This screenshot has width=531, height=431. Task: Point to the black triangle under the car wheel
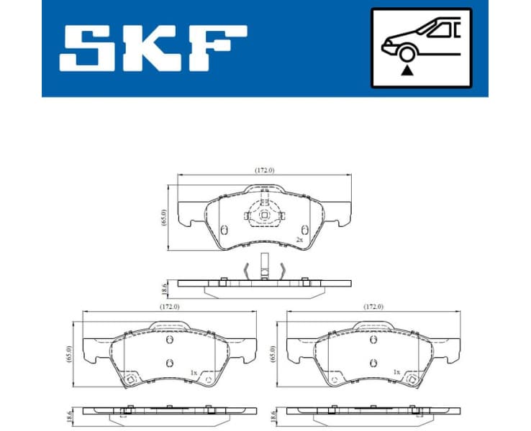[x=407, y=70]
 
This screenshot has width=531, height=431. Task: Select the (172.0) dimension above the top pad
[x=265, y=170]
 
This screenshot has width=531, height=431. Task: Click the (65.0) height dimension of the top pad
[x=164, y=218]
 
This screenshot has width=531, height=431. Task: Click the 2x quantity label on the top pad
[x=299, y=239]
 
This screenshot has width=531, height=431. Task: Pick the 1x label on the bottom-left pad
[x=193, y=372]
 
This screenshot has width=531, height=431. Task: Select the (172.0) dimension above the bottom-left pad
[x=170, y=307]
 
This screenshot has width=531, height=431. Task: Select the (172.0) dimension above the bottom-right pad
[x=373, y=307]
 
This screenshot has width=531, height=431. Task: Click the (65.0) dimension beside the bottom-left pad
[x=71, y=353]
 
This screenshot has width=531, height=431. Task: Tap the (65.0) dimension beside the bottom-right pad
[x=273, y=353]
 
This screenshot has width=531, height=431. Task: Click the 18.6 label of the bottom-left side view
[x=71, y=414]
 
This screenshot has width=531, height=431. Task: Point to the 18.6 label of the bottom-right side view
[x=273, y=414]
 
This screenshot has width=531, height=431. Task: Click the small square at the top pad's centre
[x=264, y=214]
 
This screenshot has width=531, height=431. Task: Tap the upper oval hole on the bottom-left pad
[x=170, y=340]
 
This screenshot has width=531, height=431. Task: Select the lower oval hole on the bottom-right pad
[x=373, y=362]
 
